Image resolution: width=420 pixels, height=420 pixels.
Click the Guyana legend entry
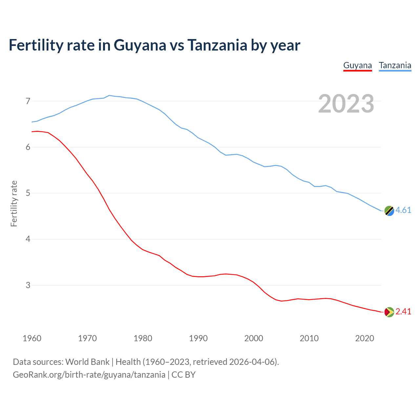[357, 65]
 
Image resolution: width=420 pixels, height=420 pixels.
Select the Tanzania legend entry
[395, 65]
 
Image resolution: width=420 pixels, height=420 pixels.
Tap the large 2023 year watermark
[346, 104]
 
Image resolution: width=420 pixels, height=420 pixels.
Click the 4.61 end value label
[403, 210]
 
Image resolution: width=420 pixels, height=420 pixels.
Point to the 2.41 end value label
[403, 312]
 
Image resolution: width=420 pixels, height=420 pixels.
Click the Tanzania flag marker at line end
[389, 211]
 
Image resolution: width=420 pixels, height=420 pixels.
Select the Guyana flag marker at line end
[389, 312]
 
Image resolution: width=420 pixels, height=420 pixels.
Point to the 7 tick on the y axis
[28, 101]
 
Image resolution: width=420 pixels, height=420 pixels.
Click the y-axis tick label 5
[28, 193]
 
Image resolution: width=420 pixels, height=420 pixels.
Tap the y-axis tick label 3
[28, 285]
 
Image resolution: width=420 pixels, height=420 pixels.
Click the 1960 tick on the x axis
[32, 338]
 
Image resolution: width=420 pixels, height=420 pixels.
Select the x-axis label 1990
[198, 338]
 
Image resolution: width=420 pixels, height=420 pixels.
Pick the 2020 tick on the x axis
[365, 338]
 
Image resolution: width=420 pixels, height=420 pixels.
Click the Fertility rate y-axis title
[14, 203]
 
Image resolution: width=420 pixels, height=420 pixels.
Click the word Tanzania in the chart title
[217, 45]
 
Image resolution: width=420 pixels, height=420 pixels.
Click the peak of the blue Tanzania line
[109, 95]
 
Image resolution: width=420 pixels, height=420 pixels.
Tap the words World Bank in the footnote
[87, 362]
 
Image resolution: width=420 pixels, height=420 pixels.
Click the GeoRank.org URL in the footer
[89, 375]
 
